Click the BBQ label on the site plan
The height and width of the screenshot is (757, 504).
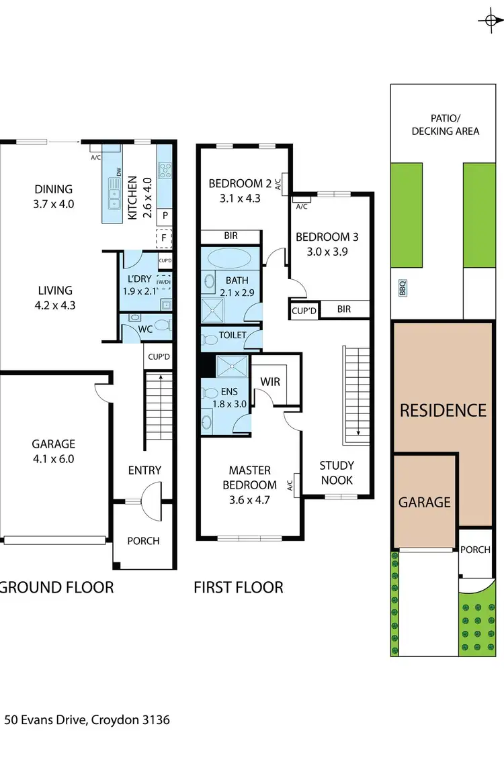[403, 289]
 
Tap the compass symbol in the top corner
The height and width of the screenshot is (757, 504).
[489, 21]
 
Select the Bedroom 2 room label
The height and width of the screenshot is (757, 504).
[235, 183]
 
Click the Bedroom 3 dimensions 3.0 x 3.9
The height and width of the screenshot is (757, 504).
[323, 252]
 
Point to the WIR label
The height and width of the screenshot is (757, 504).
[270, 381]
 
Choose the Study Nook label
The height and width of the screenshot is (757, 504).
[337, 472]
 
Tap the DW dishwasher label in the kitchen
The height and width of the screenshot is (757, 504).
[119, 173]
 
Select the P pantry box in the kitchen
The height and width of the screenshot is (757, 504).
[164, 216]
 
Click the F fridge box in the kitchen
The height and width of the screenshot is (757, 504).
[163, 238]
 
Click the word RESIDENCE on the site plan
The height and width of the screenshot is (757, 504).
[443, 410]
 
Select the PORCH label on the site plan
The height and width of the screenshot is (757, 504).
[475, 550]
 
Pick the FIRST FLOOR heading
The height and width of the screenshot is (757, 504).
[239, 588]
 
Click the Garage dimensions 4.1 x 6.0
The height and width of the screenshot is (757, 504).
[53, 459]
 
